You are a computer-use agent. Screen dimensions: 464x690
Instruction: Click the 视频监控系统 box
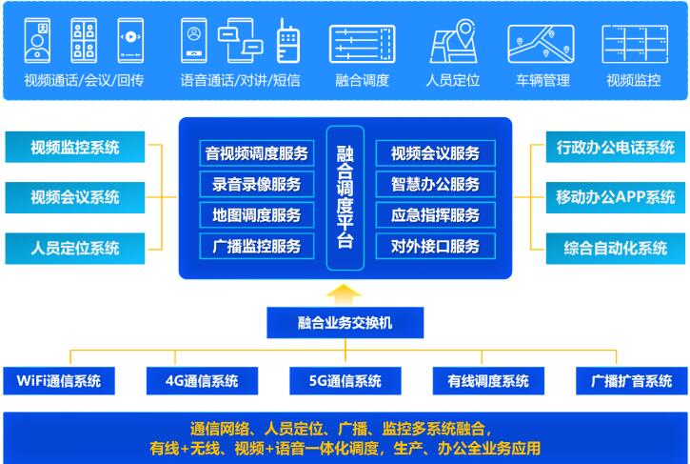coord(75,148)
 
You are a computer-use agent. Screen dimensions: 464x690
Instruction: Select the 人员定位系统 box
coord(75,248)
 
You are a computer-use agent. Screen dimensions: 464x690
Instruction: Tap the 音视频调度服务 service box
coord(256,153)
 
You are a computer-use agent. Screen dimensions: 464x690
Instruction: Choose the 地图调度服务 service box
coord(256,215)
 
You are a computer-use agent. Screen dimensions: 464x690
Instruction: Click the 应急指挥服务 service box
coord(428,215)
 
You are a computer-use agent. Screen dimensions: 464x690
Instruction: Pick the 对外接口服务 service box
coord(428,246)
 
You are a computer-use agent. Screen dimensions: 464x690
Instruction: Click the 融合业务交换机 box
coord(345,323)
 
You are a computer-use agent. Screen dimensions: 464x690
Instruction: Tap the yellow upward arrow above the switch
coord(345,292)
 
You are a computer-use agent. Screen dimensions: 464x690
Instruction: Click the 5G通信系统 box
coord(345,381)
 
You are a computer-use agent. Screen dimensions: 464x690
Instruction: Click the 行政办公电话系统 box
coord(615,148)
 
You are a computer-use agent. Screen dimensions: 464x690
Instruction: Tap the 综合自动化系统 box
coord(615,248)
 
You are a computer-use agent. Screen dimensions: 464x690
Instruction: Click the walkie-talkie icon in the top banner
coord(286,42)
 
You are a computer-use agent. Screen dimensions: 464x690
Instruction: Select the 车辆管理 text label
coord(542,80)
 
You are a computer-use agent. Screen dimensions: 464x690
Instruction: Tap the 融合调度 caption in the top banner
coord(362,80)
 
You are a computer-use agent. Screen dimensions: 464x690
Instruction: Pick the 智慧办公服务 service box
coord(428,184)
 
